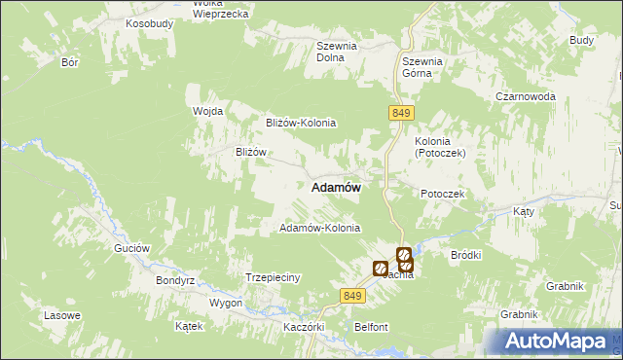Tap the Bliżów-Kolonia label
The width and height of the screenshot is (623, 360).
[x=301, y=123]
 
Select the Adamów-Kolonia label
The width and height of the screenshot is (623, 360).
[x=320, y=228]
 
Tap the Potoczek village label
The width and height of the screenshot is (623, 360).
[x=444, y=194]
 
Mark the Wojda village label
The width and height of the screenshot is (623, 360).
[x=207, y=111]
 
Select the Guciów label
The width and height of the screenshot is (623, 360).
[x=131, y=248]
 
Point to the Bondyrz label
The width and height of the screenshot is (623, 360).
[x=176, y=280]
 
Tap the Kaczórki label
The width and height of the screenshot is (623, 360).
[x=303, y=327]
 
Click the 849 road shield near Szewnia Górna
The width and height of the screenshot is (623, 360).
[x=400, y=114]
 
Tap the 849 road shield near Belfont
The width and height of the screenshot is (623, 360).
[x=353, y=296]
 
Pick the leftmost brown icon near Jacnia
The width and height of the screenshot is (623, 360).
[x=380, y=268]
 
